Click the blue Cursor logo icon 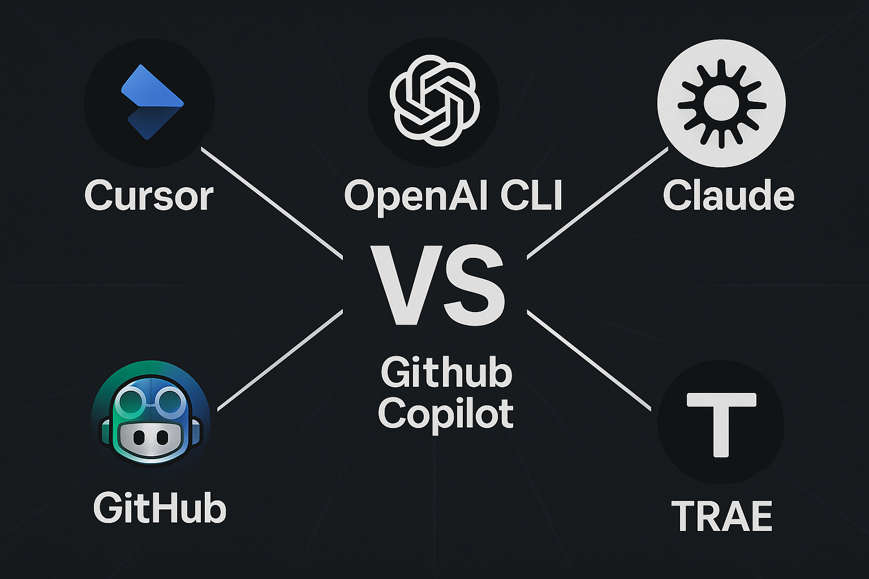point(150,102)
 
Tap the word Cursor point(149,196)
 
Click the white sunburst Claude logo point(721,103)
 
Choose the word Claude point(728,196)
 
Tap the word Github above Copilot point(446,373)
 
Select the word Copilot point(446,414)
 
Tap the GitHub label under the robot point(160,508)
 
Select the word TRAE point(722,516)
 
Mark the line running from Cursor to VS point(272,202)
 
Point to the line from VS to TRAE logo point(588,360)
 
